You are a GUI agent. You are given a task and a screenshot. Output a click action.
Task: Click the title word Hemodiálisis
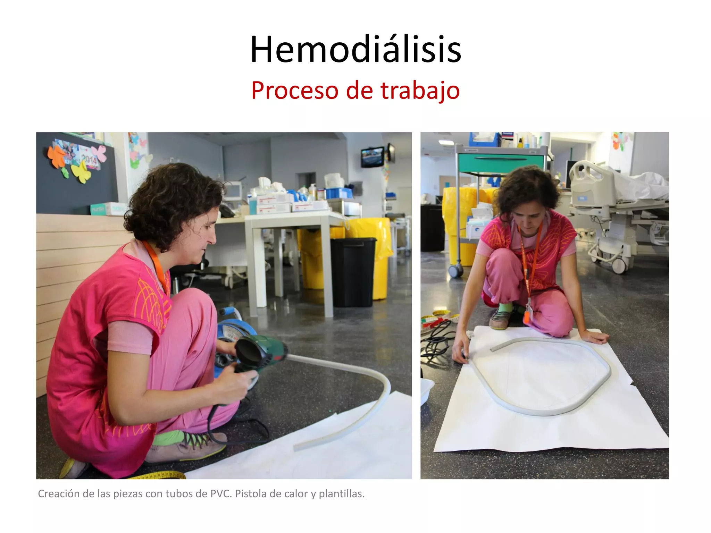pyautogui.click(x=355, y=50)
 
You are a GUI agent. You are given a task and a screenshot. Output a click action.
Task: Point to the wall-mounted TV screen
pyautogui.click(x=373, y=157)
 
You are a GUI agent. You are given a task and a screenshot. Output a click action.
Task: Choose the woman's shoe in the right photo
pyautogui.click(x=499, y=319)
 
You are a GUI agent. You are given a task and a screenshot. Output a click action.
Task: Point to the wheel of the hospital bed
pyautogui.click(x=619, y=265)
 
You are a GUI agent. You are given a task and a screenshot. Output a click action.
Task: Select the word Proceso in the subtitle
pyautogui.click(x=294, y=91)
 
